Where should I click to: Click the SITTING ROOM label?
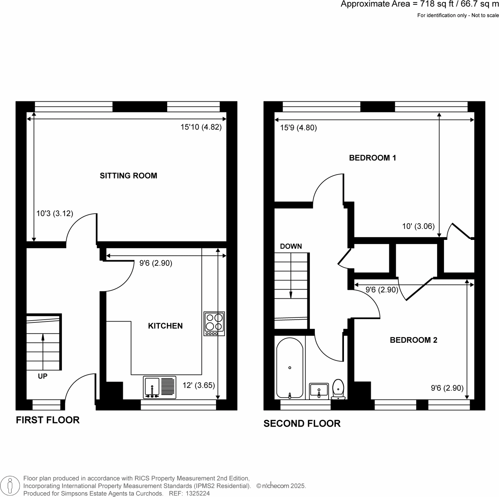coord(128,176)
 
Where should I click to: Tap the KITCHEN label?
coord(165,326)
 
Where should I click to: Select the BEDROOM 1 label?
coord(373,158)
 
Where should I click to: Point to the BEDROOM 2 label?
coord(413,340)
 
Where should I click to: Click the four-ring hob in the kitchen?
coord(214,323)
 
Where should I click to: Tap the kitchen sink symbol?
coord(159,387)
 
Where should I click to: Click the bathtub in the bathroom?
coord(290,368)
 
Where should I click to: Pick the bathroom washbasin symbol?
coord(319,391)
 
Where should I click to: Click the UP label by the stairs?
coord(43,376)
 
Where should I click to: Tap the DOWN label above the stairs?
coord(291,246)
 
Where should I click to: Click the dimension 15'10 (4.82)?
coord(201,127)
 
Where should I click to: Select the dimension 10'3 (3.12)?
coord(55,214)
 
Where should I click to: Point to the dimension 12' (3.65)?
coord(199,385)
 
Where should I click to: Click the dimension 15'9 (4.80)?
coord(298,128)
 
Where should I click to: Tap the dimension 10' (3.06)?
coord(418,226)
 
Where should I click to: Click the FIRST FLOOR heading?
coord(48,420)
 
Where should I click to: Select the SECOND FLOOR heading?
coord(302,424)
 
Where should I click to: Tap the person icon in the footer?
coord(10,486)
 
